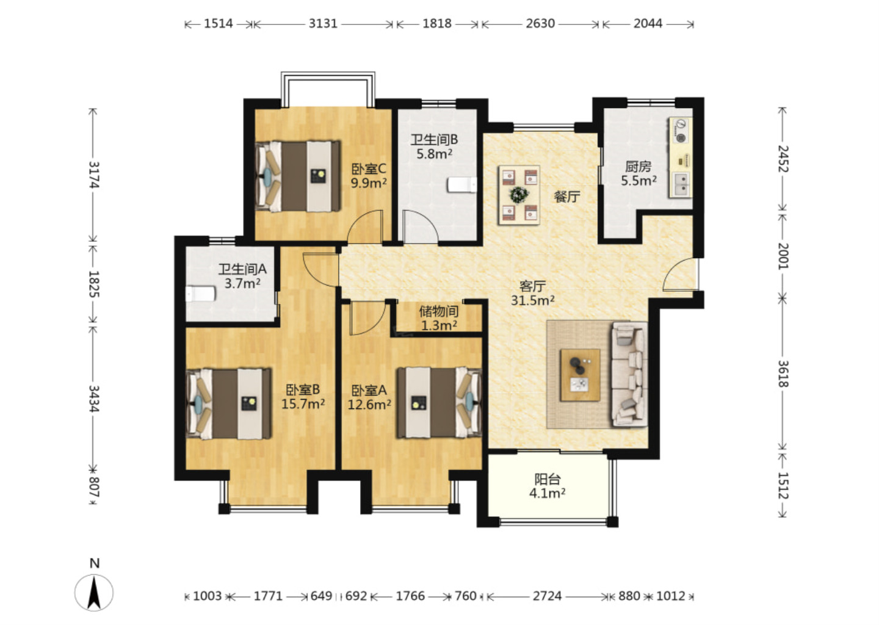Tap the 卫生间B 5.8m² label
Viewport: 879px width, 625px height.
click(x=434, y=146)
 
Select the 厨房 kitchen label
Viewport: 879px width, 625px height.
click(x=638, y=167)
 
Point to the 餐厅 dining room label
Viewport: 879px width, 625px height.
click(x=566, y=196)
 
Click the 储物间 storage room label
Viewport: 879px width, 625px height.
click(x=439, y=311)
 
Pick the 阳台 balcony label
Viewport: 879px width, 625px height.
click(x=548, y=479)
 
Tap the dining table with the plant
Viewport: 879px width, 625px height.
click(x=519, y=195)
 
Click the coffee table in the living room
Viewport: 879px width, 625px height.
click(x=580, y=375)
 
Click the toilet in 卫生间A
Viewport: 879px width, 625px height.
click(x=200, y=294)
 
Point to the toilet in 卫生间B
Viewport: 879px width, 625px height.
click(x=462, y=185)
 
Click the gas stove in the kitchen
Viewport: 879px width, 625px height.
click(x=681, y=131)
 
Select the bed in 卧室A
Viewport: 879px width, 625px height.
click(x=439, y=403)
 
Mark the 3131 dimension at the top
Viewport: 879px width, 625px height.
click(x=323, y=24)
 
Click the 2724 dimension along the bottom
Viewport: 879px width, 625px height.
click(x=547, y=596)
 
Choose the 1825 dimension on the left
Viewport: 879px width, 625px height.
click(x=94, y=284)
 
